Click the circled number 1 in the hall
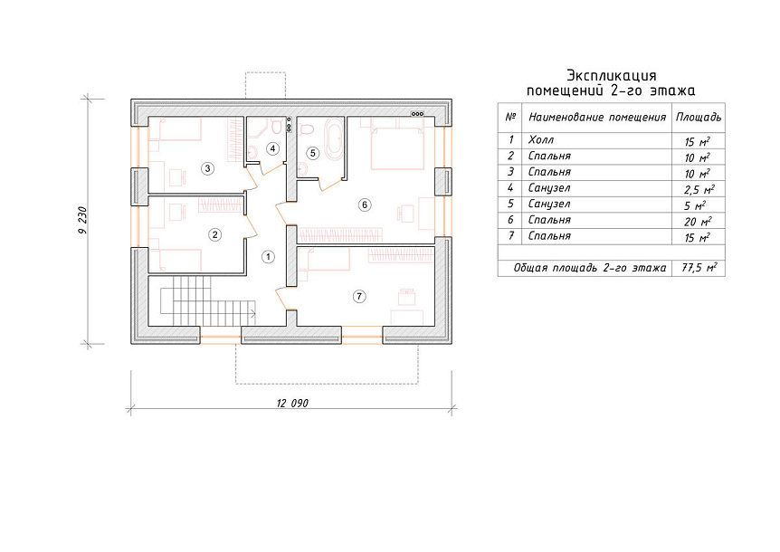pos(268,257)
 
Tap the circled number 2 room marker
pos(214,234)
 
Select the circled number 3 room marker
pos(207,168)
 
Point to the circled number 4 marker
pos(272,148)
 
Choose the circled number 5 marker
pos(312,153)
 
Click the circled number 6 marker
pos(365,205)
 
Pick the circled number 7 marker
pos(359,297)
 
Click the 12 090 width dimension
pos(292,403)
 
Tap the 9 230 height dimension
pos(83,220)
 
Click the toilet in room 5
pos(308,129)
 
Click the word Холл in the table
pos(541,140)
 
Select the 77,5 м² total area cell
pos(699,268)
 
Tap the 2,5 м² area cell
pos(699,189)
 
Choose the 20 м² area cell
pos(698,222)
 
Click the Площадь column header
pos(699,118)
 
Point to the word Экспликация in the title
pos(612,76)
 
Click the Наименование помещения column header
pos(597,118)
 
